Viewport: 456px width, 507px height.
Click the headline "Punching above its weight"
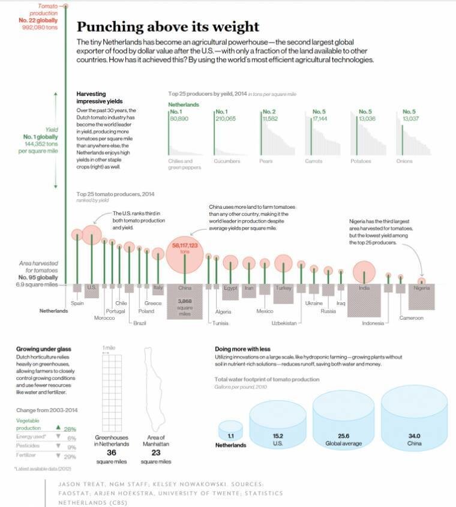tap(168, 27)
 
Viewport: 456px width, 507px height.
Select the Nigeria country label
tap(422, 289)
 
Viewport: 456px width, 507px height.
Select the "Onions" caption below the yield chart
tap(404, 161)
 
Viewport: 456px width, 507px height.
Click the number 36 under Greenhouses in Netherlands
tap(110, 452)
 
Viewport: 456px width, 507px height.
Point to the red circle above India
tap(364, 272)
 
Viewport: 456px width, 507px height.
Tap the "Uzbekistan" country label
tap(284, 323)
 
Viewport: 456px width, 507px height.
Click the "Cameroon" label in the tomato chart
tap(412, 318)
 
